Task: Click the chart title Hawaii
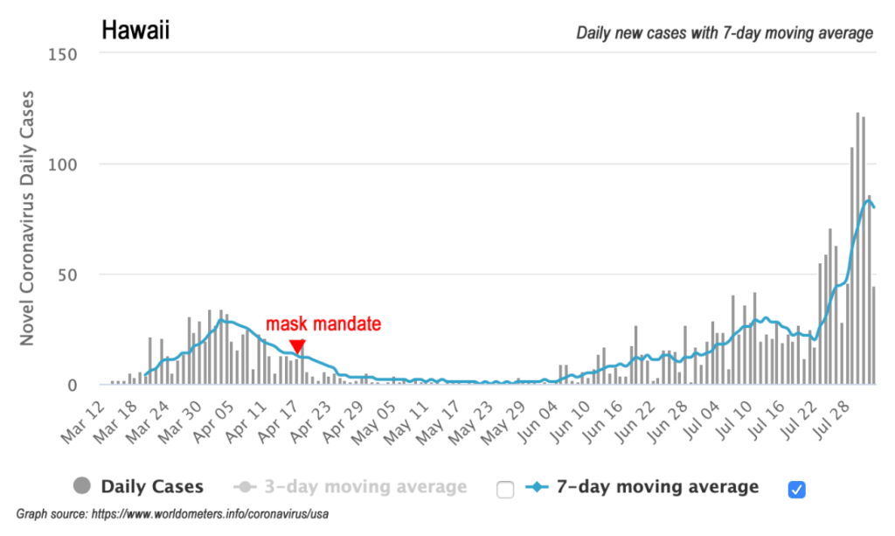(135, 31)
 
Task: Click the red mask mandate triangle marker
(298, 346)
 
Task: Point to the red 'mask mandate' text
(323, 324)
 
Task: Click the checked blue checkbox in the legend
(796, 489)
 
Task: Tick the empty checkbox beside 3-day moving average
(504, 489)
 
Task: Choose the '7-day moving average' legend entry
(657, 487)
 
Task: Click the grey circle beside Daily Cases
(83, 487)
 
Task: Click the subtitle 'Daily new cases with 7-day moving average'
(725, 33)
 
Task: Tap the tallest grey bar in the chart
(857, 249)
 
